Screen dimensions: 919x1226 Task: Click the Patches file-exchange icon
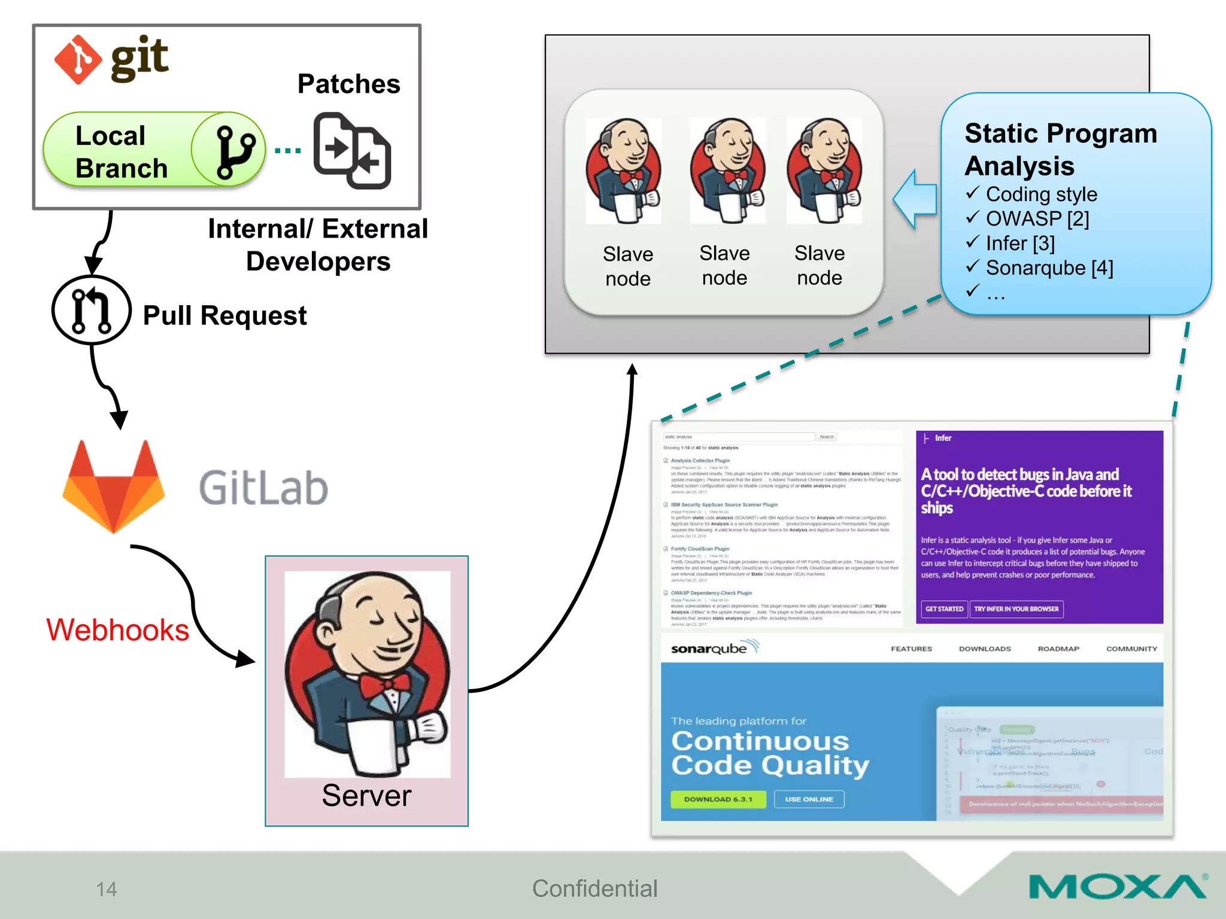click(x=352, y=150)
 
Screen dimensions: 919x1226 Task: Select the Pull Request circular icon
click(x=91, y=310)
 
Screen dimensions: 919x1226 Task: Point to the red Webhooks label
click(x=118, y=630)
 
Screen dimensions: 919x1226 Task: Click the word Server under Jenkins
click(x=366, y=796)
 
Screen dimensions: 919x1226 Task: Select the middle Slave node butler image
click(x=727, y=171)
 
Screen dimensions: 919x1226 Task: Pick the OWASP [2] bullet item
click(x=1037, y=219)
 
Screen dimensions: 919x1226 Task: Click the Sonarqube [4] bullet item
click(x=1049, y=268)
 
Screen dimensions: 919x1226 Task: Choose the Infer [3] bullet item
click(x=1020, y=244)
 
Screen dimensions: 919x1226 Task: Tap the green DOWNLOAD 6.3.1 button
click(x=718, y=799)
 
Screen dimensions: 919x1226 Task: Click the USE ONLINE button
click(x=809, y=799)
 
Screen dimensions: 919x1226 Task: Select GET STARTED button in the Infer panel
click(x=944, y=609)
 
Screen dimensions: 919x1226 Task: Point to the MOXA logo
click(x=1118, y=886)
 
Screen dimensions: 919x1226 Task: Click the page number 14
click(x=107, y=889)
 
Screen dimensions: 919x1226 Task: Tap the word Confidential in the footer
click(x=594, y=889)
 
